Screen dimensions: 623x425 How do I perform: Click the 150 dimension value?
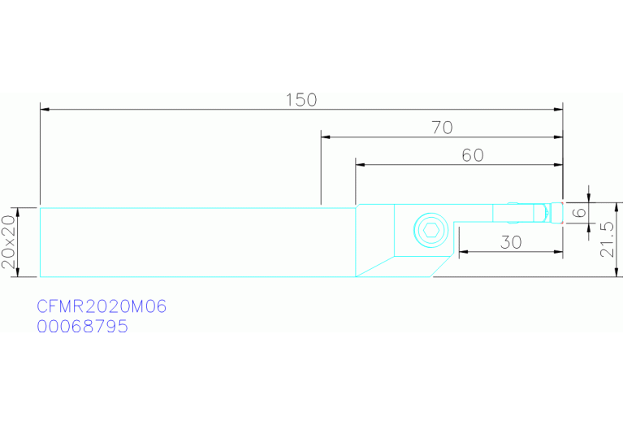tap(301, 100)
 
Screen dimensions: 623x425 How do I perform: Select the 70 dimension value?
tap(442, 128)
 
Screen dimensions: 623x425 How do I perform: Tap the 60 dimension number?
tap(473, 155)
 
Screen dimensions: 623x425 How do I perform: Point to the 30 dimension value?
tap(511, 242)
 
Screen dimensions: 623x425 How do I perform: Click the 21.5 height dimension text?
tap(607, 240)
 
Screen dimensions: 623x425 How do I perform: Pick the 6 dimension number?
tap(581, 212)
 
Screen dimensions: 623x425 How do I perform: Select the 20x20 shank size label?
tap(9, 241)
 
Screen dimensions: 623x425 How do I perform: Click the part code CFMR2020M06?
tap(102, 306)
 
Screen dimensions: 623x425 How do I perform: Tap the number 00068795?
tap(82, 327)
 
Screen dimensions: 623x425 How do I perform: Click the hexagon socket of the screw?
tap(430, 230)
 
